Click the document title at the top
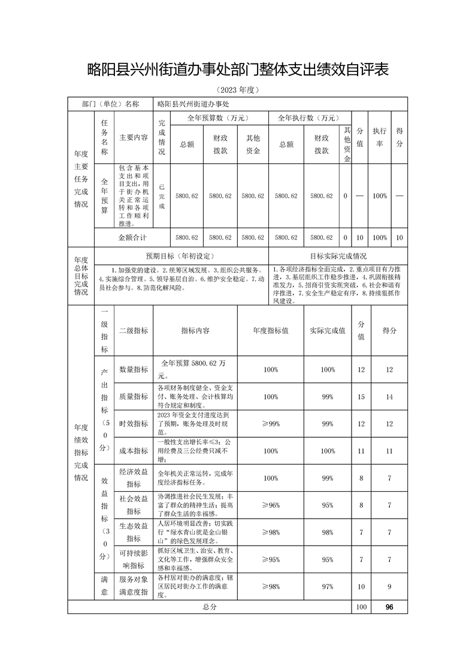pos(238,70)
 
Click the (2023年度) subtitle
pos(238,90)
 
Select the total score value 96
pos(389,607)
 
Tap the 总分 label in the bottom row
pos(209,607)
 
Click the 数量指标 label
pos(134,370)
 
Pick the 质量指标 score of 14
pos(389,396)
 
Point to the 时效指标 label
pos(134,423)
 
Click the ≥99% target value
pos(271,423)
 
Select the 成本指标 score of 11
pos(389,450)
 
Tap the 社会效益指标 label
pos(134,504)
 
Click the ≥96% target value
pos(271,505)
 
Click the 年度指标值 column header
pos(271,331)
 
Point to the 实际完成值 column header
pos(328,331)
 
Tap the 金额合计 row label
pos(132,237)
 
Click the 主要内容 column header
pos(134,137)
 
